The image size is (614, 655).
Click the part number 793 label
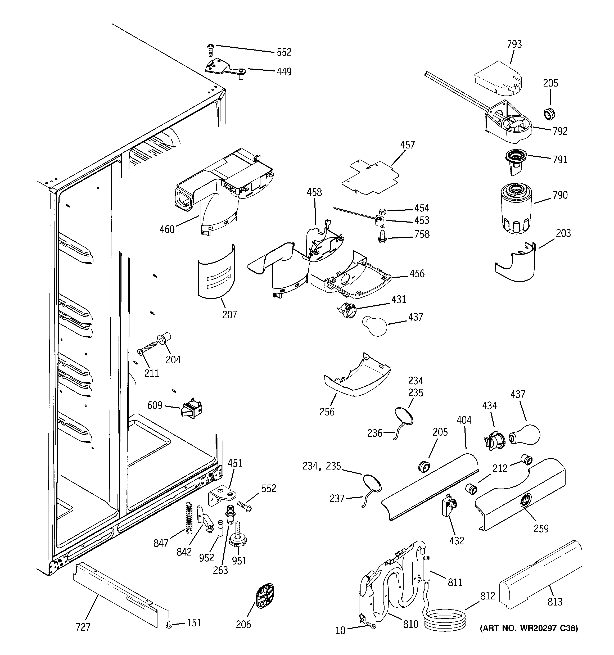(x=514, y=44)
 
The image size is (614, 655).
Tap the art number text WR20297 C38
(x=529, y=637)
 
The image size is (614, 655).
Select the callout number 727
(x=83, y=627)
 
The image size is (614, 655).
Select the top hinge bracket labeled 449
(x=224, y=69)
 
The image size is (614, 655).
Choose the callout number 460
(x=167, y=229)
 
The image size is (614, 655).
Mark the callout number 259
(x=541, y=528)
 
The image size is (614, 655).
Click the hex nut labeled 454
(x=383, y=211)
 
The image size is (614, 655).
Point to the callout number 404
(x=464, y=420)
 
